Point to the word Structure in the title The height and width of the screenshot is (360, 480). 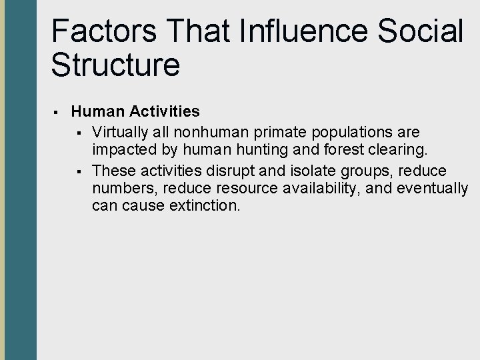click(115, 65)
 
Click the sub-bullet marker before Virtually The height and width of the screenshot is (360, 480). click(79, 130)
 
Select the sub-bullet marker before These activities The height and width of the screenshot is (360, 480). click(79, 171)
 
